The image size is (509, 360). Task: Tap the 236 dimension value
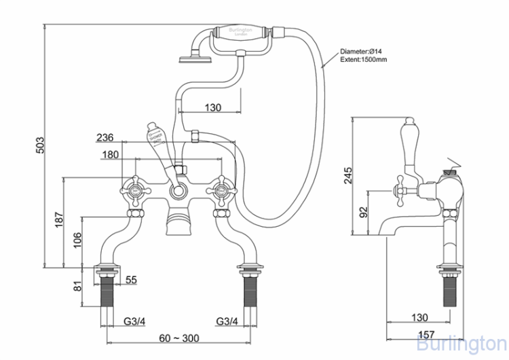click(x=105, y=137)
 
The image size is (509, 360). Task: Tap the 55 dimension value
click(x=132, y=279)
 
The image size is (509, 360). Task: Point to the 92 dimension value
click(x=364, y=213)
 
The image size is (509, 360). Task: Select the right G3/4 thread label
click(x=226, y=321)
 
